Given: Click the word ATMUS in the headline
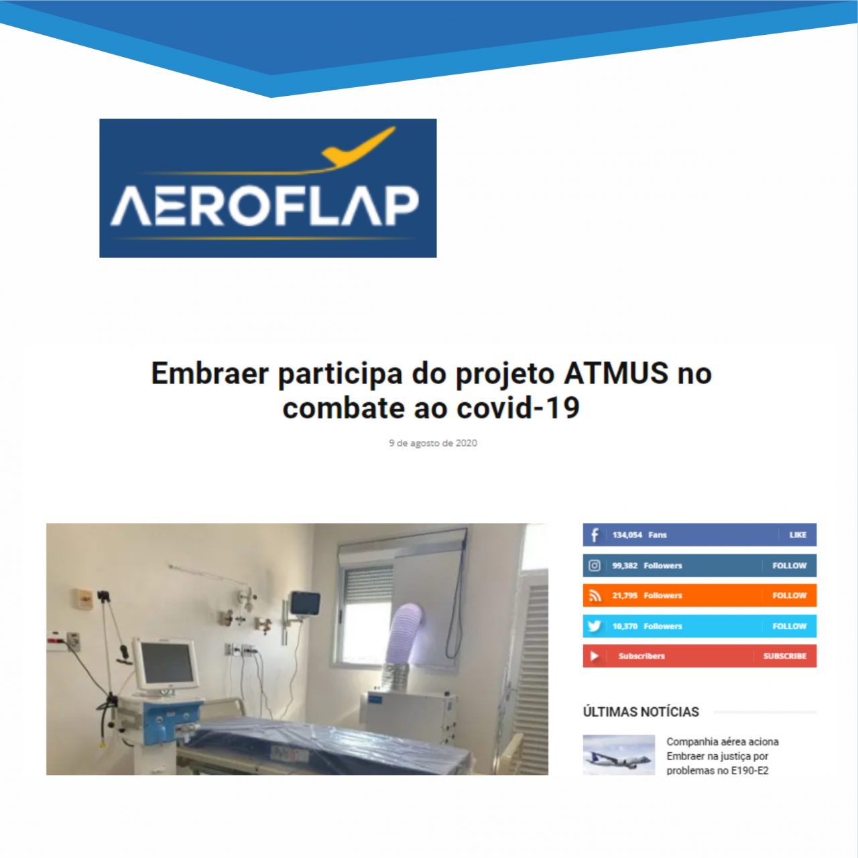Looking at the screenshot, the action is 616,373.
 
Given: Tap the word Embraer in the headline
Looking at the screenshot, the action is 210,373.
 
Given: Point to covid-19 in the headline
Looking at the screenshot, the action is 518,408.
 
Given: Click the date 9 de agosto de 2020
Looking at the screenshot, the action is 433,443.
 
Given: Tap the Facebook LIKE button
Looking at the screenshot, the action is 798,535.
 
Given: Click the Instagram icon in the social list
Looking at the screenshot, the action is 595,566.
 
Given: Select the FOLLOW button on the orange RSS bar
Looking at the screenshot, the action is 789,595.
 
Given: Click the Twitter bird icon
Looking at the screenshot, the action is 595,626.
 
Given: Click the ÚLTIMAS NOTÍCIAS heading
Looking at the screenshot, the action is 641,712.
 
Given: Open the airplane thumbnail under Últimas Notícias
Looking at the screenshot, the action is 619,755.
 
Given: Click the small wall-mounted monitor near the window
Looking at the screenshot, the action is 305,603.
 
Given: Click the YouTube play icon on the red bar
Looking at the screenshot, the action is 594,656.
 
